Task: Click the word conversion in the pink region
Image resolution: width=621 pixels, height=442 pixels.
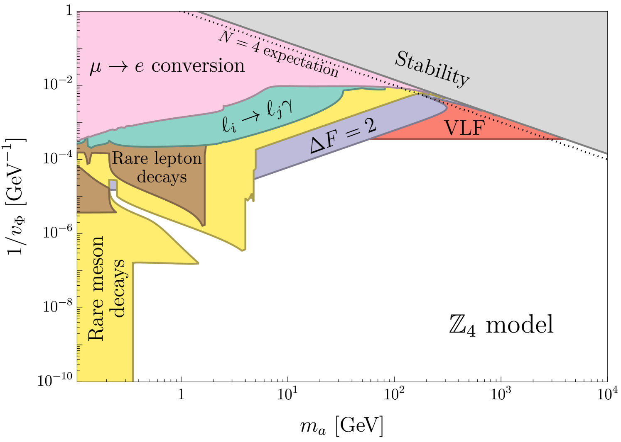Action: pyautogui.click(x=198, y=66)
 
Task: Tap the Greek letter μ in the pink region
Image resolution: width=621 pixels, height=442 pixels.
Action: pyautogui.click(x=96, y=68)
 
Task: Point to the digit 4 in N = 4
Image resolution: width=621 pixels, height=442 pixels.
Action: pyautogui.click(x=255, y=47)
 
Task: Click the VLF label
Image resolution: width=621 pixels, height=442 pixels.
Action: pyautogui.click(x=464, y=128)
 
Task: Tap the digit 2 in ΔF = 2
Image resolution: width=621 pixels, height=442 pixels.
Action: pyautogui.click(x=369, y=124)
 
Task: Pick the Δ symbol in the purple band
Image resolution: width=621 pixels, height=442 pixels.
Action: pyautogui.click(x=317, y=145)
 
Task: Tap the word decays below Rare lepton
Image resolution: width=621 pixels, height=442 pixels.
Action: pyautogui.click(x=162, y=177)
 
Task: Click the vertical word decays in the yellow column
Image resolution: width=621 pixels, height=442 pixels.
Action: pyautogui.click(x=118, y=289)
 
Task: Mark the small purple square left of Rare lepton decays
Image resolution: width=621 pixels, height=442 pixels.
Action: pyautogui.click(x=113, y=185)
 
